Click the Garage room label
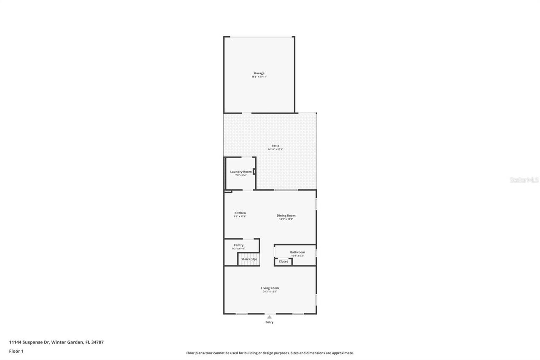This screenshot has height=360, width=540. [x=259, y=73]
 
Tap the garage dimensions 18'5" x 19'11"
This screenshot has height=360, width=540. [x=259, y=77]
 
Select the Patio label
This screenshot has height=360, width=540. [x=275, y=146]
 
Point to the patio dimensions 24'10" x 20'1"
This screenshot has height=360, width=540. [x=275, y=149]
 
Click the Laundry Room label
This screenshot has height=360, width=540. [x=241, y=172]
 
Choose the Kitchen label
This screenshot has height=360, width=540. [x=240, y=213]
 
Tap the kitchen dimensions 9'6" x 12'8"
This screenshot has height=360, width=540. [x=240, y=217]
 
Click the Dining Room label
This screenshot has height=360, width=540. [x=286, y=216]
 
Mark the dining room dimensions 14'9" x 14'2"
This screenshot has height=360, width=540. [x=286, y=219]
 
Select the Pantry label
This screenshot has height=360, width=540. [x=238, y=245]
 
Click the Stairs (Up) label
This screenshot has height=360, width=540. [x=249, y=259]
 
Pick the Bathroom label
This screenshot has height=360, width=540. [x=297, y=252]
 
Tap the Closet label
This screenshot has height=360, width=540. [x=283, y=262]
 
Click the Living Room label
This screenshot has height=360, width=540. [x=270, y=288]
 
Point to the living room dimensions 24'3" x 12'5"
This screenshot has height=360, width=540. [x=270, y=292]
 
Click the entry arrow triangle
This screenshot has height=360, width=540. [x=269, y=317]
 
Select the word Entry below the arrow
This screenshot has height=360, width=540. [x=269, y=322]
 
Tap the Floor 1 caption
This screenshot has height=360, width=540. [x=16, y=351]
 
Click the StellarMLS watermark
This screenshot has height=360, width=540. [x=524, y=180]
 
